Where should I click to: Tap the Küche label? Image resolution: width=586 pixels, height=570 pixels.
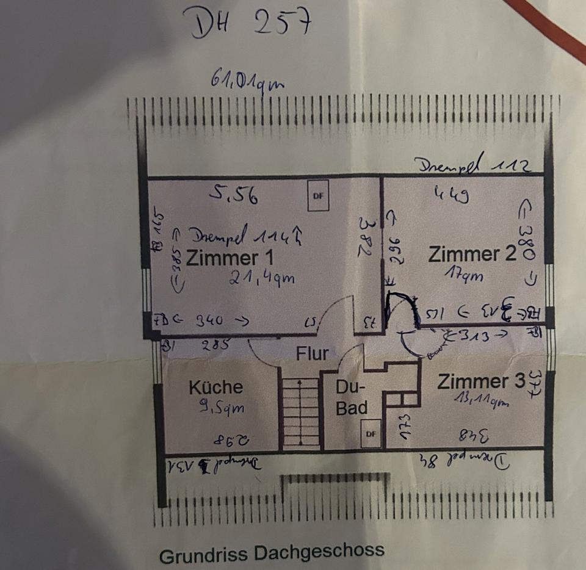tap(215, 388)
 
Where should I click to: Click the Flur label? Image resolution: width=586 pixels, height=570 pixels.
tap(312, 353)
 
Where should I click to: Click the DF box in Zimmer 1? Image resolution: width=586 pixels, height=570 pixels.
tap(317, 197)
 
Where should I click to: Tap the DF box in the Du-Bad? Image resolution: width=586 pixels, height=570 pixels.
tap(371, 434)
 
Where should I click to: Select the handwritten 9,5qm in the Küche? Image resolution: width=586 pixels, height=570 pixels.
tap(218, 407)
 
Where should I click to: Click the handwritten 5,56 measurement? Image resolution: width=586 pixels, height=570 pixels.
tap(233, 195)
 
